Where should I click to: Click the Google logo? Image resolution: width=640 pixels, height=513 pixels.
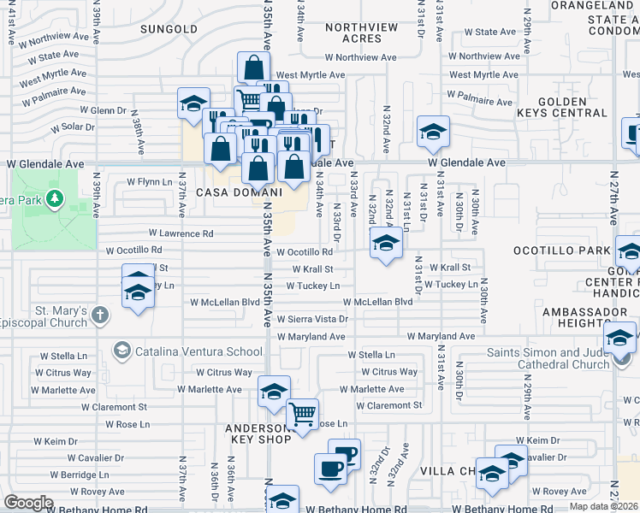[x=29, y=503]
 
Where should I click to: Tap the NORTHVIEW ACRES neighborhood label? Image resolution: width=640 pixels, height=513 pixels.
[x=362, y=32]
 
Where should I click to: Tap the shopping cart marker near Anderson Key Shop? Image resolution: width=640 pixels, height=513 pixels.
[x=301, y=415]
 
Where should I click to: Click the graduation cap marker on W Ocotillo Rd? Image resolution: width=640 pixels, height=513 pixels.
[x=386, y=245]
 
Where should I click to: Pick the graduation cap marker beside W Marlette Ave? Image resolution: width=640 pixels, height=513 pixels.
[x=274, y=392]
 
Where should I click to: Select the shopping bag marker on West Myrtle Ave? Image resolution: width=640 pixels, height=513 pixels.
[x=253, y=68]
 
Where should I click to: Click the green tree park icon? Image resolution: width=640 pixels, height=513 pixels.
[x=56, y=199]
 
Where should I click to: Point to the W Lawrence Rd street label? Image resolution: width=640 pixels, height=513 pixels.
[x=181, y=233]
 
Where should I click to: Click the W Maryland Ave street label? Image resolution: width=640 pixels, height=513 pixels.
[x=441, y=337]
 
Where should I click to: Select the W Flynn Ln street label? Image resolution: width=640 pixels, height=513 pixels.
[x=150, y=181]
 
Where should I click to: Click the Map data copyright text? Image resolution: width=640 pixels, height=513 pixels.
[x=603, y=505]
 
